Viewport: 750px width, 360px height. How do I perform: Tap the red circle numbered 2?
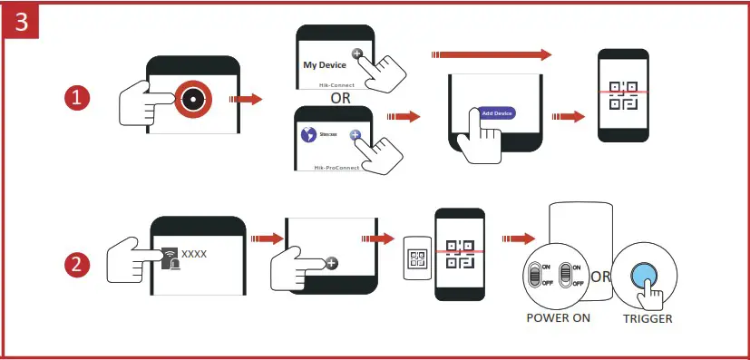coord(79,265)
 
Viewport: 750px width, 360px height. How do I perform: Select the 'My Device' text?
coord(325,65)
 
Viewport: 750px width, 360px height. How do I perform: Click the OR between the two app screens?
coord(341,96)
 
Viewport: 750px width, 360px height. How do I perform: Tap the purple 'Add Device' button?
coord(498,112)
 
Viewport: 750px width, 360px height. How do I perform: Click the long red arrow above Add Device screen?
coord(493,55)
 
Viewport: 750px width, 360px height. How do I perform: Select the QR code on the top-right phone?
coord(623,94)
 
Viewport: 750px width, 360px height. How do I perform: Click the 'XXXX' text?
coord(194,253)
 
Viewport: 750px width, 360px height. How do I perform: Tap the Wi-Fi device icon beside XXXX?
coord(170,258)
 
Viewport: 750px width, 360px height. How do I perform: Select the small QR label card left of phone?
coord(417,261)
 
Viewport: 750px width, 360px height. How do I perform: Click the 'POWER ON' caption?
coord(558,319)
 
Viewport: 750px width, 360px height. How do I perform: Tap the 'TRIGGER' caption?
coord(648,319)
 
